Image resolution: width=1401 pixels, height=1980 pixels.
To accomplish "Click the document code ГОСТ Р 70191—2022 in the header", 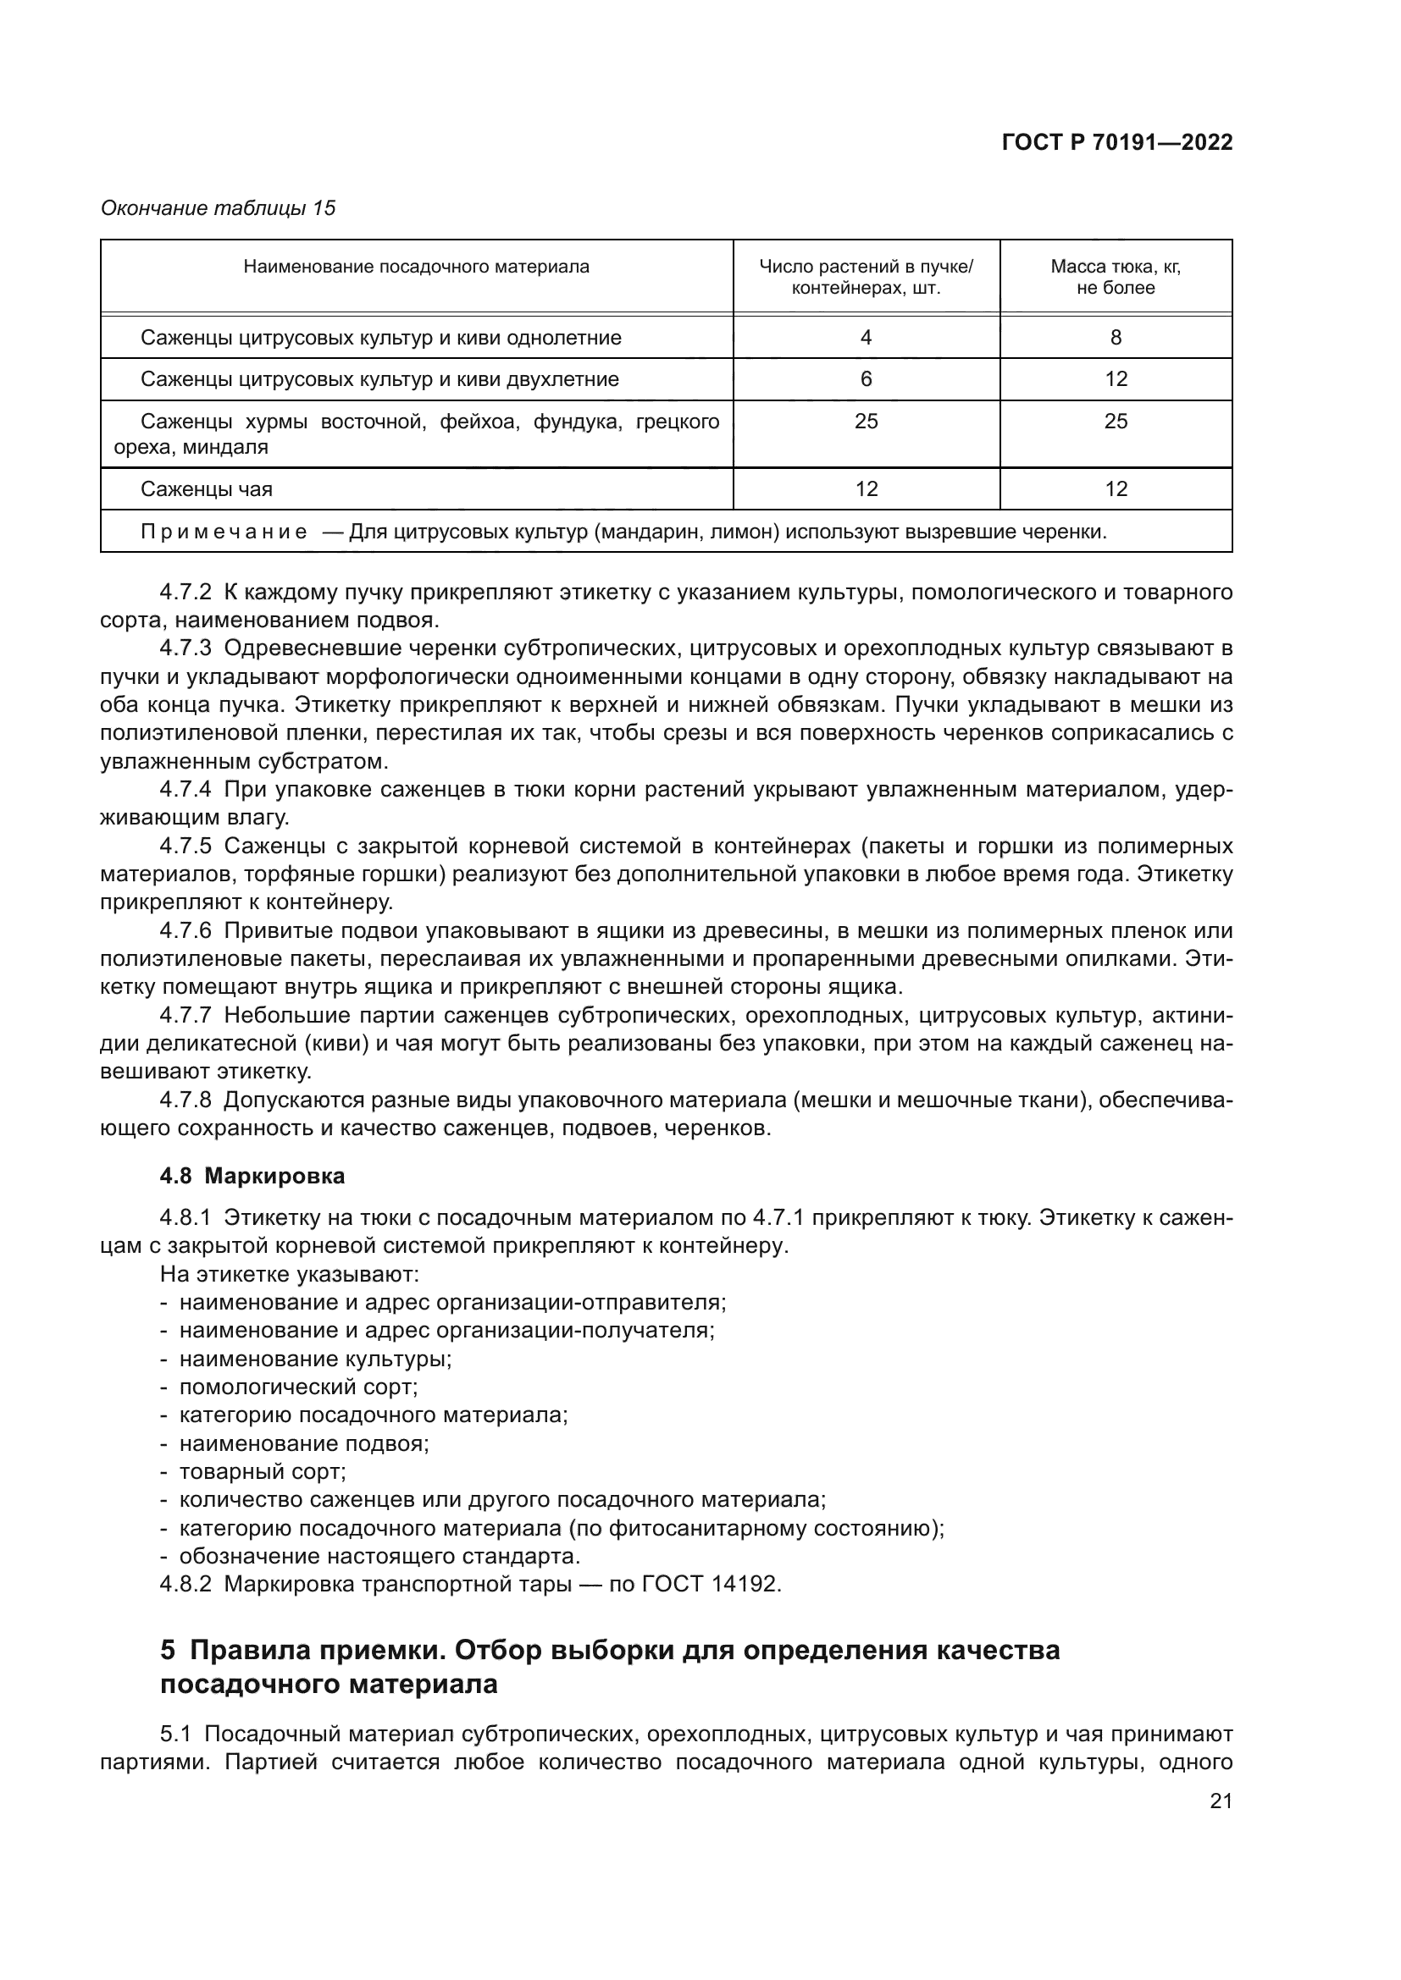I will coord(1116,143).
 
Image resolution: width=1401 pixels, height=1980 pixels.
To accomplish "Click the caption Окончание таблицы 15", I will coord(219,208).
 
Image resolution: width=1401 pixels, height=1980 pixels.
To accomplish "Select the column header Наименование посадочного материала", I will coord(416,267).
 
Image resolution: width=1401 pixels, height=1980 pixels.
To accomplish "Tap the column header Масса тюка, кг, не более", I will coord(1115,278).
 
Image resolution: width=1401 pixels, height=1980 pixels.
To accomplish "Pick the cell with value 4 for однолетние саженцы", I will coord(866,338).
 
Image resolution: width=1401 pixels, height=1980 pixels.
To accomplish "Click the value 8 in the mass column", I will coord(1115,338).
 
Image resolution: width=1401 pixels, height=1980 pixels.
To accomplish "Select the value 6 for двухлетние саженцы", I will coord(866,379).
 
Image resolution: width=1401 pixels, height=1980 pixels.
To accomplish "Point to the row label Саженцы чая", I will coord(206,490).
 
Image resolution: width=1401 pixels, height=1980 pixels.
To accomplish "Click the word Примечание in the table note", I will coord(224,532).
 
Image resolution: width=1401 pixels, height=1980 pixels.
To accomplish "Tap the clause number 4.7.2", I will coord(185,593).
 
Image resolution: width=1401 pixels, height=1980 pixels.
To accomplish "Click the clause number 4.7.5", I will coord(185,846).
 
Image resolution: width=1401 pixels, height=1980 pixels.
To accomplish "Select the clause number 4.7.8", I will coord(185,1100).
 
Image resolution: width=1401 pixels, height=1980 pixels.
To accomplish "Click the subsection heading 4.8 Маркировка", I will coord(252,1177).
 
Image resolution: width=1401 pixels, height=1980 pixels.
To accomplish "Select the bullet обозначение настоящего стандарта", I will coord(379,1557).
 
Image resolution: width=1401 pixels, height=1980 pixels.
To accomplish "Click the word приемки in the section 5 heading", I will coord(380,1651).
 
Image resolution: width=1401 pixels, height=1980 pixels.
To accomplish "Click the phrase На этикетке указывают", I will coord(289,1275).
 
